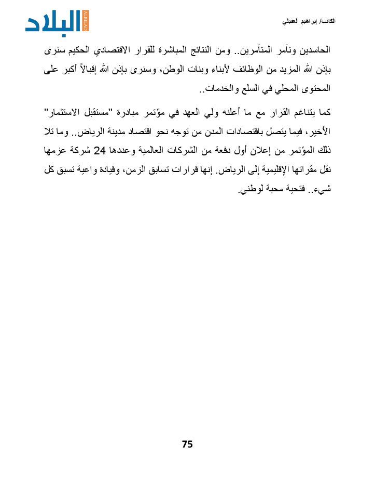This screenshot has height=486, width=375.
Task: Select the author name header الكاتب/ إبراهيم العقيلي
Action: tap(308, 21)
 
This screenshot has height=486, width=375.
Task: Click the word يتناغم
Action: tap(303, 112)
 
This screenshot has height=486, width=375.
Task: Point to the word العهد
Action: tap(200, 112)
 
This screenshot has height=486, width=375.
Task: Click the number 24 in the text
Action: tap(103, 151)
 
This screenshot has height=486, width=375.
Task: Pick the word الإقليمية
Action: tap(273, 170)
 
